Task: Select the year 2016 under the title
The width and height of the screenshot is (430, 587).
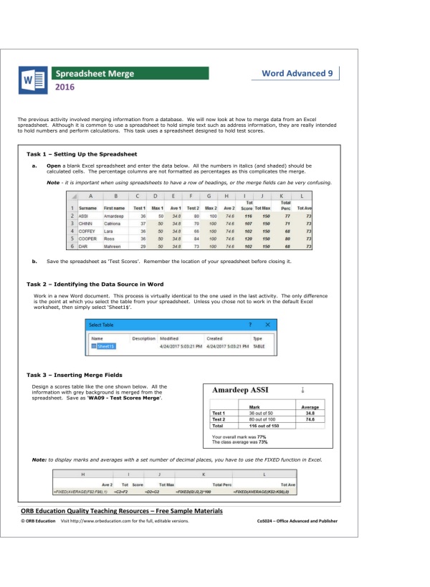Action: coord(66,89)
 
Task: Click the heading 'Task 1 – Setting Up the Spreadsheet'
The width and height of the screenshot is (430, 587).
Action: coord(82,154)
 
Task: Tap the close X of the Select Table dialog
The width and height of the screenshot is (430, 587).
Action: coord(267,325)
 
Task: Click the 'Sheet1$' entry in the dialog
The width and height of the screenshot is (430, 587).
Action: coord(105,346)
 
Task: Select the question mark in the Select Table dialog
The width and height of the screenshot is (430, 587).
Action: coord(250,325)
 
